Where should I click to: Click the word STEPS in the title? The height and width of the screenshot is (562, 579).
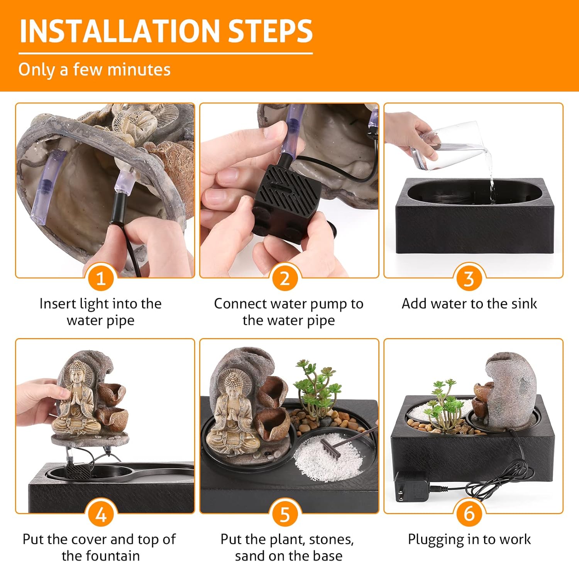click(270, 31)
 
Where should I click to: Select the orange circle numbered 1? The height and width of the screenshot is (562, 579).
click(101, 278)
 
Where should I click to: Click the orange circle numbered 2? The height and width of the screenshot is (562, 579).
click(285, 278)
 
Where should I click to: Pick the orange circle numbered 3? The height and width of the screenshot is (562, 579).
click(469, 278)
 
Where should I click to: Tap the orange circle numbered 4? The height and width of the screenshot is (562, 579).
click(101, 514)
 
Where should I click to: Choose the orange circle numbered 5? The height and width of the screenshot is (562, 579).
click(285, 514)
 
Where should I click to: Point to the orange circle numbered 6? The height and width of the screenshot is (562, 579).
click(469, 514)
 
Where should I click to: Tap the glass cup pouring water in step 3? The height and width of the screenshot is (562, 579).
click(444, 146)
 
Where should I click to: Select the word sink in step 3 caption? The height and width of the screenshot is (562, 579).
click(524, 304)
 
